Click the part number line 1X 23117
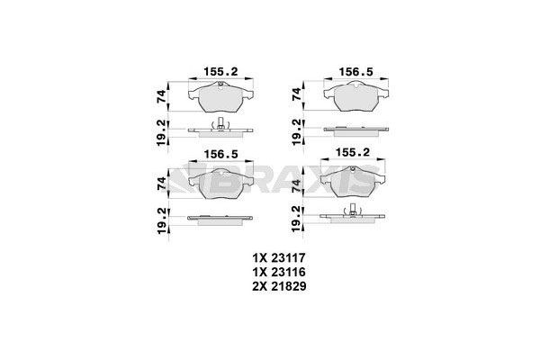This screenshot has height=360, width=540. pyautogui.click(x=279, y=257)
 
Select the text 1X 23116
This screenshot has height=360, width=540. pyautogui.click(x=279, y=272)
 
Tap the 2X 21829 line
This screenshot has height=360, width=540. pyautogui.click(x=279, y=286)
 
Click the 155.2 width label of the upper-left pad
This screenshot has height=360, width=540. pyautogui.click(x=220, y=72)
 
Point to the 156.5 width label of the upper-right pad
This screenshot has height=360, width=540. pyautogui.click(x=356, y=72)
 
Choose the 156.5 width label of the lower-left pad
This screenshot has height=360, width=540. pyautogui.click(x=220, y=154)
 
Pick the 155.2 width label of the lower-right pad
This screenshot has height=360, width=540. pyautogui.click(x=353, y=152)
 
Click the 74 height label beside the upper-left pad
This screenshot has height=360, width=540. pyautogui.click(x=161, y=95)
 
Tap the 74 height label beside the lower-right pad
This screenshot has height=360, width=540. pyautogui.click(x=296, y=186)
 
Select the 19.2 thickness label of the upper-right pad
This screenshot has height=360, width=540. pyautogui.click(x=296, y=132)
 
